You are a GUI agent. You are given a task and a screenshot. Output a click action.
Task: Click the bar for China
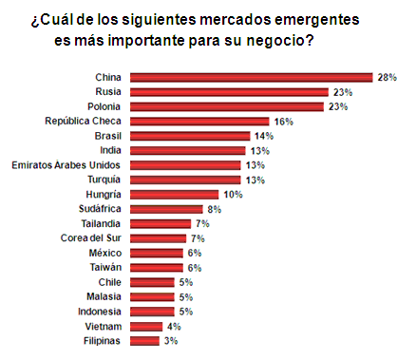[x=252, y=78]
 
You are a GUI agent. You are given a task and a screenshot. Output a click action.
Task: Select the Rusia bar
[x=229, y=92]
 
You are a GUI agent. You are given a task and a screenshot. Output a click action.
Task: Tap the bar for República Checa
[x=199, y=122]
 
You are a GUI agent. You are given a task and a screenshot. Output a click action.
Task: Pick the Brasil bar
[x=190, y=136]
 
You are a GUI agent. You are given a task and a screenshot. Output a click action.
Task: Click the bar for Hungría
[x=174, y=195]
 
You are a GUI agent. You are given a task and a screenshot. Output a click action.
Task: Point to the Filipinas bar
[x=144, y=341]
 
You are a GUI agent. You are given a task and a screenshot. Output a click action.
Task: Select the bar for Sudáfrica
[x=166, y=209]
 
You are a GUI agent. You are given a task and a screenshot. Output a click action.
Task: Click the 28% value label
[x=387, y=78]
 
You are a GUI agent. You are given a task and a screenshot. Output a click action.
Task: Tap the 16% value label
[x=284, y=122]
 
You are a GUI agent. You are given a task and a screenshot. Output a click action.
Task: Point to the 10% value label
[x=233, y=195]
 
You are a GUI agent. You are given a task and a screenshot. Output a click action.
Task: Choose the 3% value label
[x=171, y=341]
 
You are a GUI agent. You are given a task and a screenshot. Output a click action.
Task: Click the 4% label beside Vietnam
[x=174, y=327]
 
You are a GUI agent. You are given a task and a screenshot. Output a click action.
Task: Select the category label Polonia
[x=104, y=106]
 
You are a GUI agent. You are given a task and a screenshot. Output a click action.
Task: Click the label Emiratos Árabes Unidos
[x=66, y=165]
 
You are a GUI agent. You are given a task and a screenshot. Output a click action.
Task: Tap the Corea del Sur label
[x=91, y=238]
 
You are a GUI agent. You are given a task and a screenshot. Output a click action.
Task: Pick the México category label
[x=105, y=253]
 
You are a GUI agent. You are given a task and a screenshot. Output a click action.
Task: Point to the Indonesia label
[x=100, y=312]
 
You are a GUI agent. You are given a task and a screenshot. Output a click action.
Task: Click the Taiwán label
[x=105, y=268]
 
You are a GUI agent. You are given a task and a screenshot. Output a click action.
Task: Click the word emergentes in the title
[x=317, y=20]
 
